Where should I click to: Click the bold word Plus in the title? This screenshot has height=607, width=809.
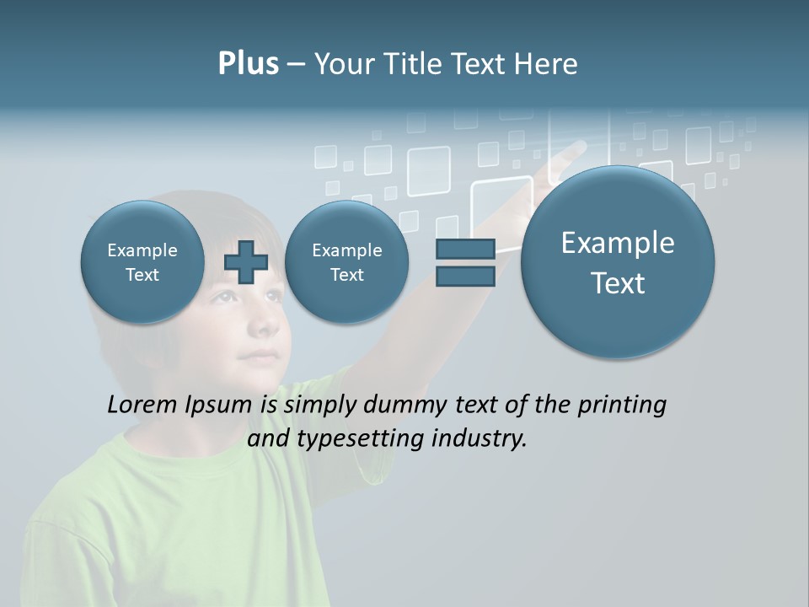248,64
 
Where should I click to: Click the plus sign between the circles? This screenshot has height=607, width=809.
246,262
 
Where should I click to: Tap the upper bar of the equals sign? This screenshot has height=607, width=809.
465,249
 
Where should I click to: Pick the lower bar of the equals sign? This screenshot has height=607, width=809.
465,277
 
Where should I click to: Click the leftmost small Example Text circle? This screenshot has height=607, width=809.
142,262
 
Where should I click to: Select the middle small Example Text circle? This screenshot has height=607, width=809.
346,262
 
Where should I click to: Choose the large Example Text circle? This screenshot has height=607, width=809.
618,262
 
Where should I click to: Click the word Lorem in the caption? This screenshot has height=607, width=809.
143,405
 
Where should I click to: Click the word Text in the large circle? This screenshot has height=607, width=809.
618,283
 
